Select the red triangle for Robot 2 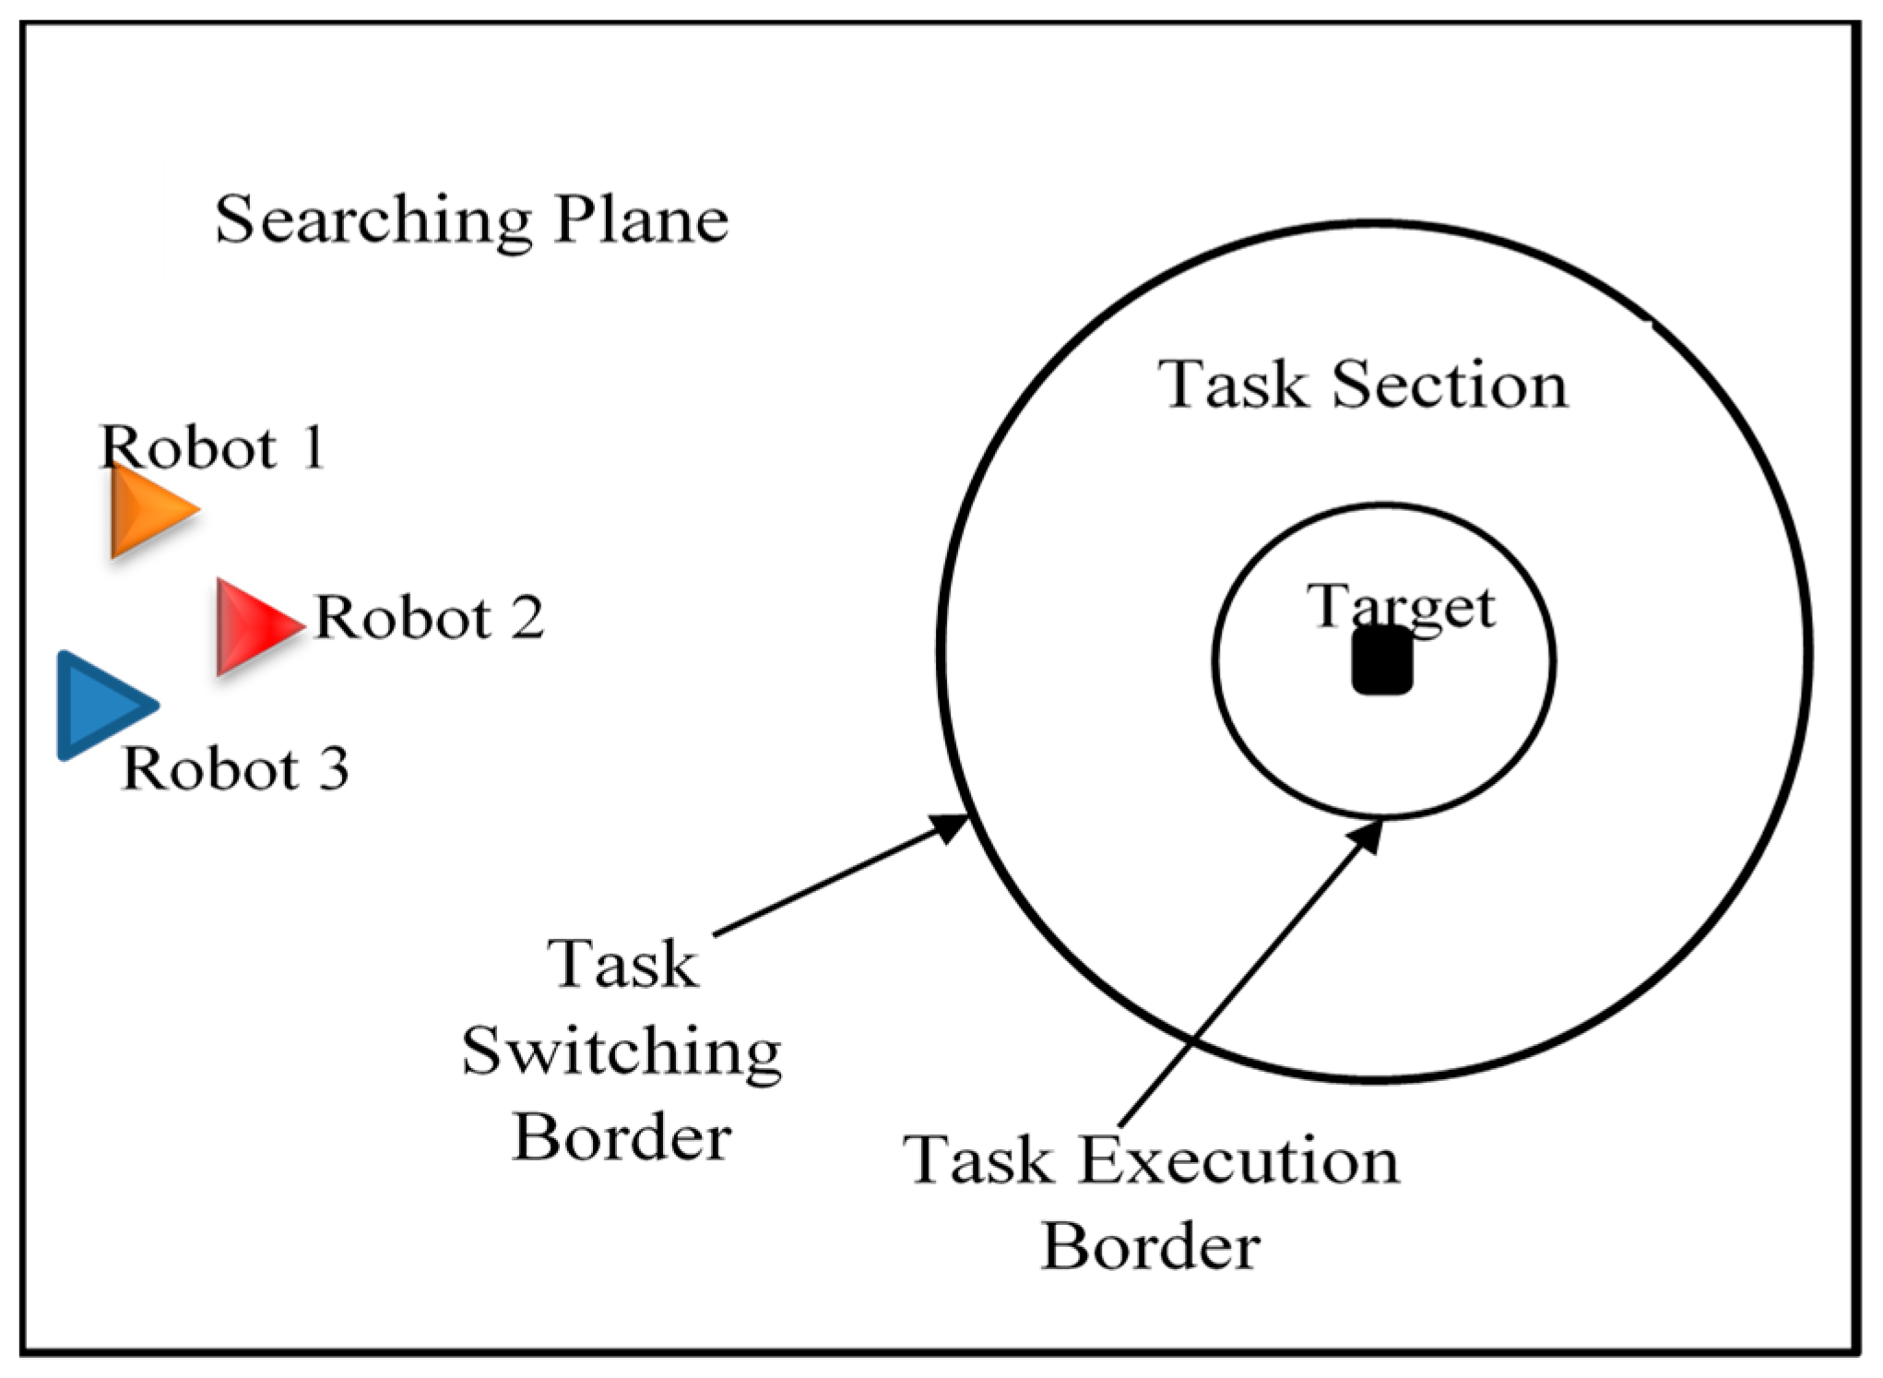[x=253, y=626]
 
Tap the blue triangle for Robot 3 [x=98, y=706]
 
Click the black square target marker [x=1381, y=660]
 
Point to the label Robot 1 [x=212, y=448]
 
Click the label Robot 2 [x=429, y=617]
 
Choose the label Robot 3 [x=235, y=768]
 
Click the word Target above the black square [x=1400, y=607]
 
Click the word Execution [x=1238, y=1160]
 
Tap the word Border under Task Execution [x=1149, y=1247]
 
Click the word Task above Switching [x=622, y=966]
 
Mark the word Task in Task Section [x=1233, y=385]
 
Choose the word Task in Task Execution [x=977, y=1160]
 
